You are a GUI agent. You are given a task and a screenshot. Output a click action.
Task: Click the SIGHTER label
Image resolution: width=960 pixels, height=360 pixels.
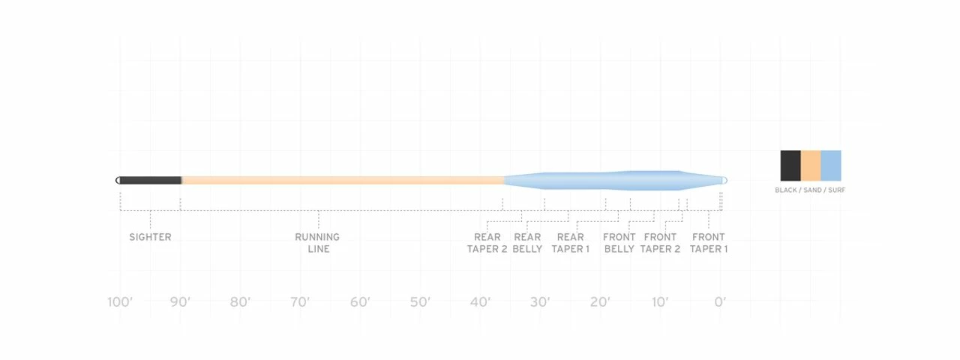click(150, 237)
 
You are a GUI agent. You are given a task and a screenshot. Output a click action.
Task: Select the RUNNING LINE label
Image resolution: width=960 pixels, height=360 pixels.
click(317, 242)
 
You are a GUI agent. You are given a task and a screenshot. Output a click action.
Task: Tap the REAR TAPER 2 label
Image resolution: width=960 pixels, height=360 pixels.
click(487, 242)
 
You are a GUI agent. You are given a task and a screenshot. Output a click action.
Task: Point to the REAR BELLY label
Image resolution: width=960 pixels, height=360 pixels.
click(527, 242)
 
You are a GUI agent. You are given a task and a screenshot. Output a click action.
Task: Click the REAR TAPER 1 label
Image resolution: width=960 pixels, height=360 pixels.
click(571, 242)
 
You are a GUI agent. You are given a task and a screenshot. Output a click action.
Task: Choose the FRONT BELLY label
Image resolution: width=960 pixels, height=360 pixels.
click(619, 242)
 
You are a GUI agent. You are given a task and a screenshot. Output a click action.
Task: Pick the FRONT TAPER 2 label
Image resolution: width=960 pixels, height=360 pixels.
click(660, 242)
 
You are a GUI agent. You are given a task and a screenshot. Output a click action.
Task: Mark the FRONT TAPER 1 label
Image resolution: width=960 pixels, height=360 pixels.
click(709, 242)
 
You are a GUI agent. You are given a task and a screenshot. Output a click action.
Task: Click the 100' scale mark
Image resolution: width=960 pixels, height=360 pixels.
click(120, 302)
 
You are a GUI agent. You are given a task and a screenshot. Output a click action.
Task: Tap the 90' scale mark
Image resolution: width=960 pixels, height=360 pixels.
click(180, 302)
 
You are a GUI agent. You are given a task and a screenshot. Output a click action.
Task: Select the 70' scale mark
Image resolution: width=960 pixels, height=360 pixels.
click(300, 302)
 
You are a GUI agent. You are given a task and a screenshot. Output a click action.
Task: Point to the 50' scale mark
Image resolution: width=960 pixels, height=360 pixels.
click(420, 302)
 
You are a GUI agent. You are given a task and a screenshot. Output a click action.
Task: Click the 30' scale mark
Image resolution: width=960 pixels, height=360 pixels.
click(540, 302)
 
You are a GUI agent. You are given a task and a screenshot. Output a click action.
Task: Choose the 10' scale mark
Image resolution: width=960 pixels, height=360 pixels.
click(660, 302)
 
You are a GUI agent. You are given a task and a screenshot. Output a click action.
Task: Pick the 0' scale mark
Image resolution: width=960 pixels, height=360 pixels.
click(720, 302)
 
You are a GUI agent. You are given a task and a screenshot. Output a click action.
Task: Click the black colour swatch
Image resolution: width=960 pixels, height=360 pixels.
click(790, 165)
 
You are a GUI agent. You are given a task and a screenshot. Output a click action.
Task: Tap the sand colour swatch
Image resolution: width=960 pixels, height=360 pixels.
click(811, 165)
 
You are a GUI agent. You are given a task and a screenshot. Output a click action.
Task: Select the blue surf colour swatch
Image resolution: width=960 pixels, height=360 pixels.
click(831, 165)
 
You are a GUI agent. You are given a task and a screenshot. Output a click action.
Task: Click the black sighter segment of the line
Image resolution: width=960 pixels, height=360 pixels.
click(150, 180)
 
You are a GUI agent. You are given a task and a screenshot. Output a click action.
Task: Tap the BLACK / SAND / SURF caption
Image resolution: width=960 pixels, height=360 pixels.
click(810, 190)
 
